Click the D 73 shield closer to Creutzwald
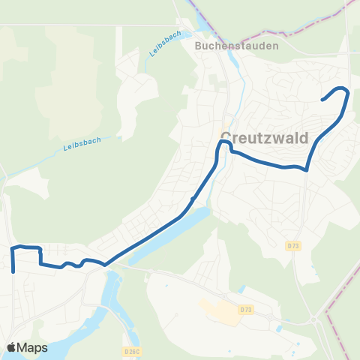pos(293,245)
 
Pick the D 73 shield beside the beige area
pos(245,309)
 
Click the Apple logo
pos(12,347)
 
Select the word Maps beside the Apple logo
pos(33,347)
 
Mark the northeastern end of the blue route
pos(322,100)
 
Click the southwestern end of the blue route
pos(13,272)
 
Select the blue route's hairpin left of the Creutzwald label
pos(221,142)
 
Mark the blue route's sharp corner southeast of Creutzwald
pos(307,169)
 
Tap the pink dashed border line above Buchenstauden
pos(247,34)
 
